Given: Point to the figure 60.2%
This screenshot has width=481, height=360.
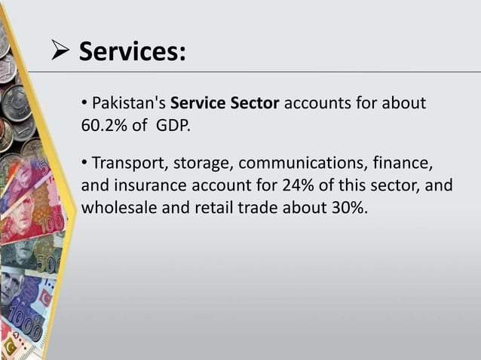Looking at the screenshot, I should point(104,124).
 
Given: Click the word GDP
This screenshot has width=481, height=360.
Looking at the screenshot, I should point(173,124).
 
